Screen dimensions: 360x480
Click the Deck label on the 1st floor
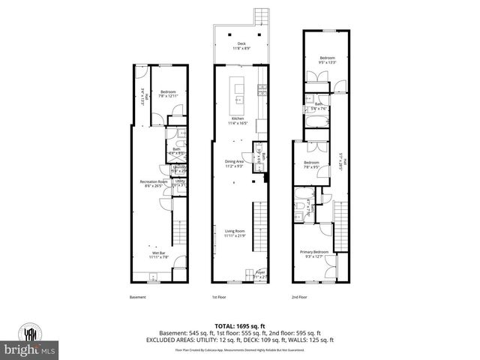tap(241, 46)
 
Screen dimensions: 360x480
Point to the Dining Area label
tap(235, 163)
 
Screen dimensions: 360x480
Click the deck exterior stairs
tap(261, 16)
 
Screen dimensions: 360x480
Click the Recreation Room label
tap(153, 184)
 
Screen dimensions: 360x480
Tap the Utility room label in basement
tap(180, 182)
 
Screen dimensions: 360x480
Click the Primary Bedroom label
tap(315, 253)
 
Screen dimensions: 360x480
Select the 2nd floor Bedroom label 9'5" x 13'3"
tap(328, 60)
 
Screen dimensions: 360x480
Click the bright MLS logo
tap(30, 349)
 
